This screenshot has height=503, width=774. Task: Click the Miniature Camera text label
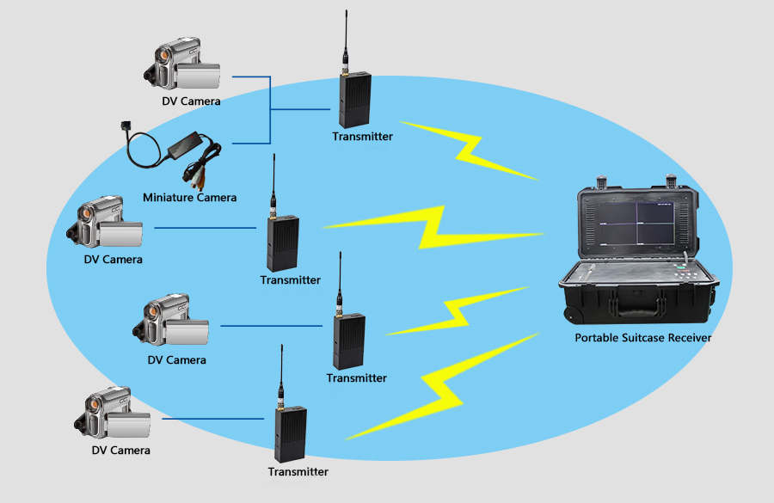[x=189, y=198]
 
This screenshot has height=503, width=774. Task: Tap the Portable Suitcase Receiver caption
[x=642, y=338]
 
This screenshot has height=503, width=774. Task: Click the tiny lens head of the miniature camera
[x=123, y=126]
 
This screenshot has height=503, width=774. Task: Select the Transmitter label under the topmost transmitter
[x=362, y=137]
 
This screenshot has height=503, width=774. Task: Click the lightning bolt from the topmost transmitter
[x=469, y=150]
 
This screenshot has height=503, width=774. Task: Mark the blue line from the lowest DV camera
[x=206, y=420]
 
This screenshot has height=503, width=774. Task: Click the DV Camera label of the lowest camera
[x=120, y=451]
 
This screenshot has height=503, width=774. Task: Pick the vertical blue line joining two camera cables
[x=270, y=110]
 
